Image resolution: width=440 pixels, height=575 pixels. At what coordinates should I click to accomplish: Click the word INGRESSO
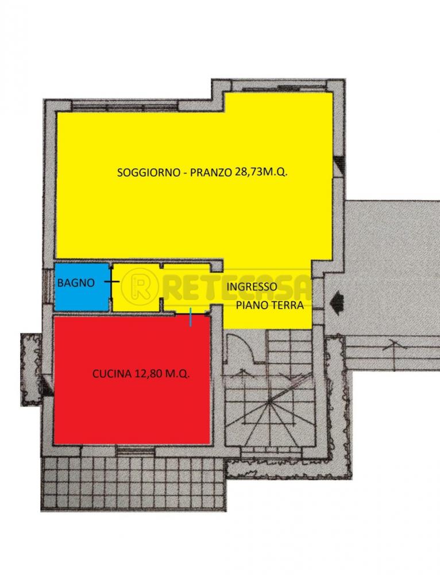click(252, 286)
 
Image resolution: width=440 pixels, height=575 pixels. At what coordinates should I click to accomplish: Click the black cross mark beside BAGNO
click(111, 282)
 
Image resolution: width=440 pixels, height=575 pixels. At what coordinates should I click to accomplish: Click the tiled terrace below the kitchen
click(132, 483)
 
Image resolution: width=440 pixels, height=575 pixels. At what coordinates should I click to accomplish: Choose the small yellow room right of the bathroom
click(136, 287)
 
